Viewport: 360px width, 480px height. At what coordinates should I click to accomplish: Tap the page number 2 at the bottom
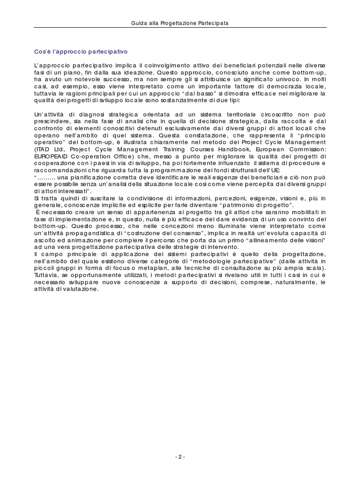[180, 457]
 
